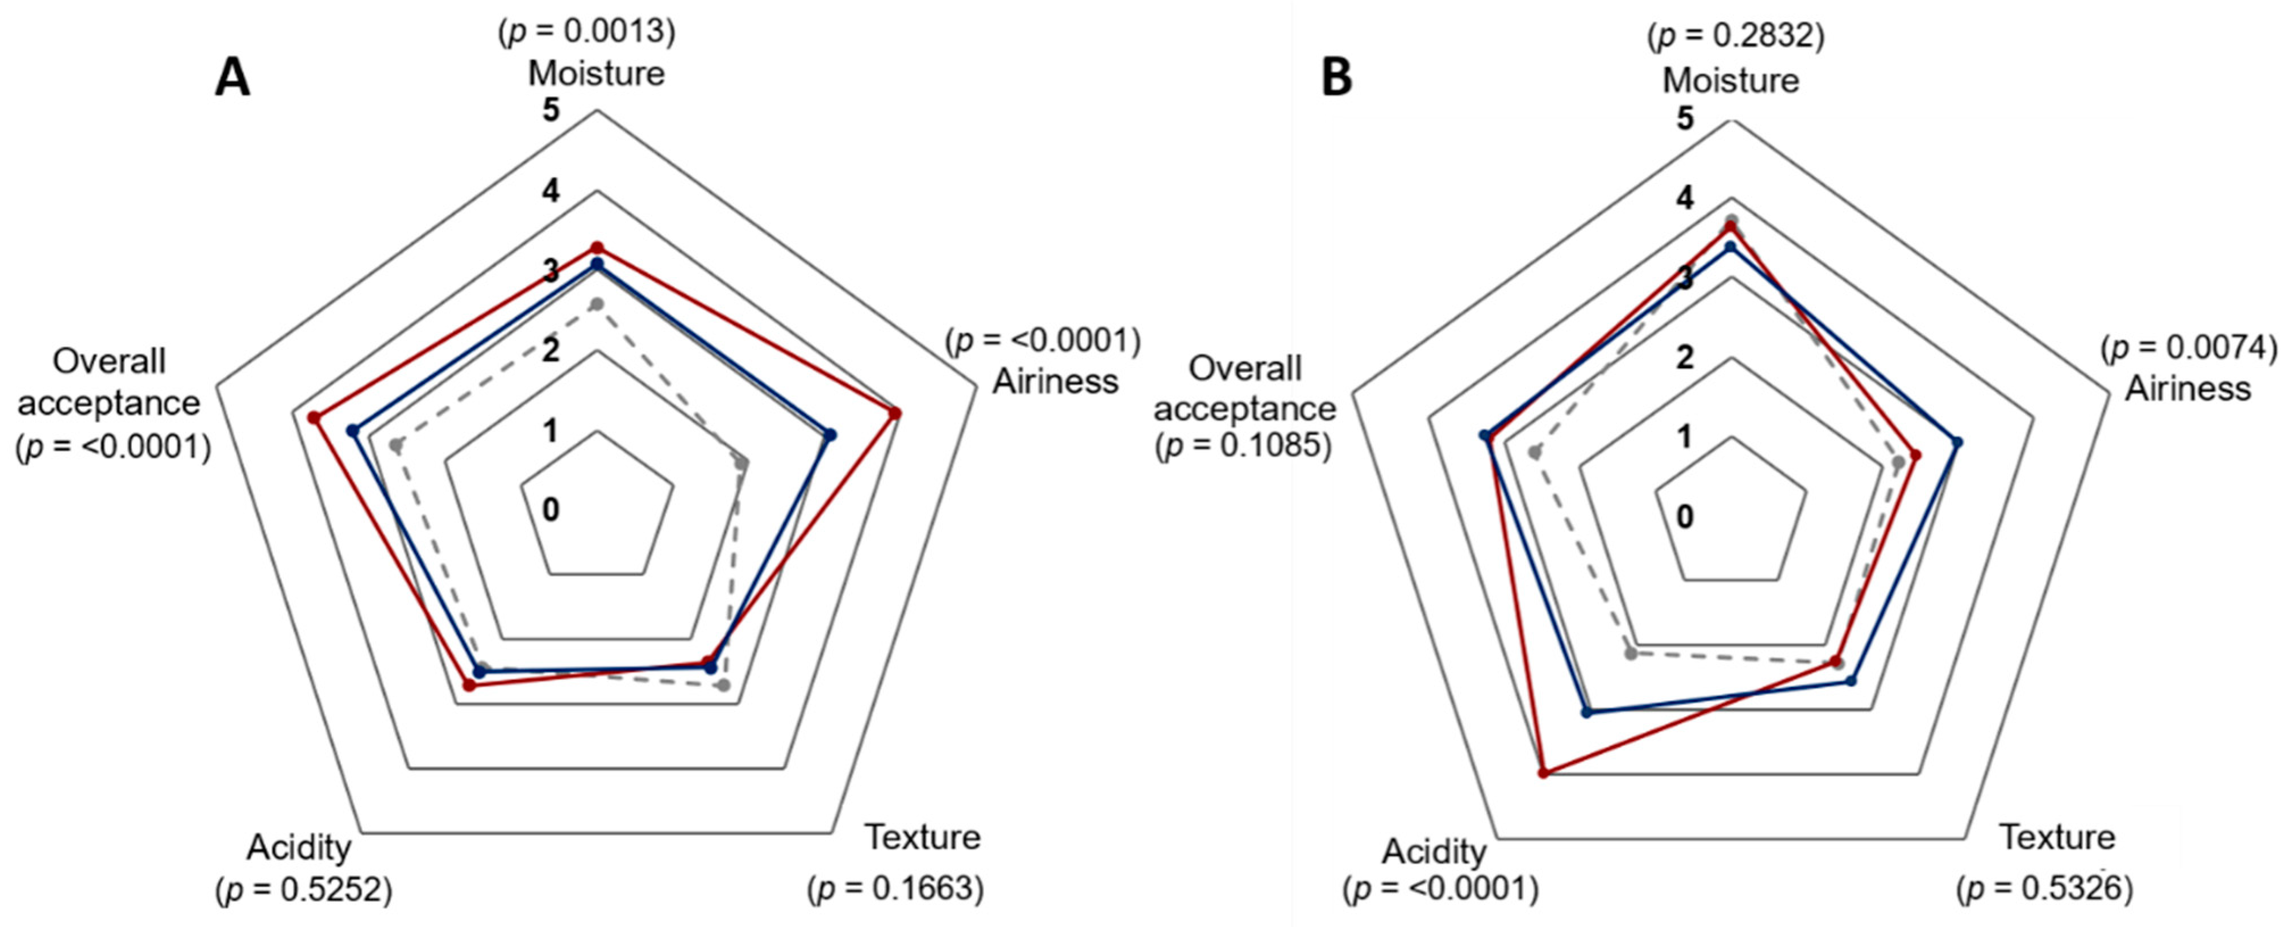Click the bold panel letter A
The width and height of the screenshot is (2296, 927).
point(232,78)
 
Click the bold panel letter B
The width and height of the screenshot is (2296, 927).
point(1336,78)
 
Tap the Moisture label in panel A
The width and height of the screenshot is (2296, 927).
point(596,73)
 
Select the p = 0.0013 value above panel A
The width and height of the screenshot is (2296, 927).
point(586,32)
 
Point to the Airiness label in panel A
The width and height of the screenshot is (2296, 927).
point(1055,382)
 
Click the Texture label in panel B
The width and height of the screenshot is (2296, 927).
point(2057,837)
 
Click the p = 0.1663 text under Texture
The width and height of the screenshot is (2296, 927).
point(896,890)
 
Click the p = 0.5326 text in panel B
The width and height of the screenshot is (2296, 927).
point(2045,890)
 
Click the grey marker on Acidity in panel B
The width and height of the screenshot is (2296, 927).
point(1630,653)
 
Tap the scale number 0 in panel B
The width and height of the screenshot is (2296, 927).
point(1685,517)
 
